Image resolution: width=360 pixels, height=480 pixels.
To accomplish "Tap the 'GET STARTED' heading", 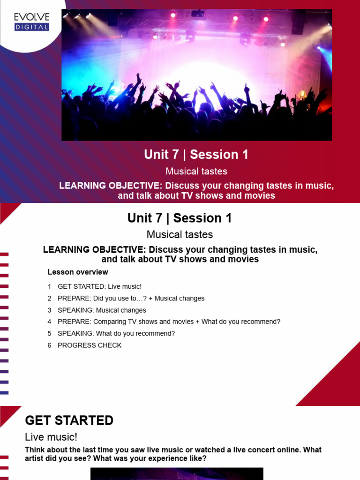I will [69, 420].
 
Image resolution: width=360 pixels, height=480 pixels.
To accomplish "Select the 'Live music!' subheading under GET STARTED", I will [51, 437].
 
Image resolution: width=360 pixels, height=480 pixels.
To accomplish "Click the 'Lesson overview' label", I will [78, 272].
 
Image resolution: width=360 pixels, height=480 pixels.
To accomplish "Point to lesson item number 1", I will [49, 286].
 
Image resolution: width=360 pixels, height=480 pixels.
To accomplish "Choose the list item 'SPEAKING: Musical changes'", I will [102, 310].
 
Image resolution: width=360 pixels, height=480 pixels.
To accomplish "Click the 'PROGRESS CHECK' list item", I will [90, 345].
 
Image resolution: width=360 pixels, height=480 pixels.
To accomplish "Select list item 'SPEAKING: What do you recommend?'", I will [116, 334].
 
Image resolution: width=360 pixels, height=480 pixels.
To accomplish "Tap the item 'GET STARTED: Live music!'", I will [99, 286].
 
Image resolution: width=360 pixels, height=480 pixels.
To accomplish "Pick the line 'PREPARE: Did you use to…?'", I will [131, 299].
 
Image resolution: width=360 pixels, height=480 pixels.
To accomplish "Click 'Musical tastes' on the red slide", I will [196, 171].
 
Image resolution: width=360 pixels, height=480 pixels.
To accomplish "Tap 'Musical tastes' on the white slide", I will [180, 234].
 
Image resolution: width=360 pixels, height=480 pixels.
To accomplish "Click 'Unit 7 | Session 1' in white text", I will [196, 154].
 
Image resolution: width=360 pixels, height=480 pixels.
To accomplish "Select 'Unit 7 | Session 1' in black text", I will [180, 218].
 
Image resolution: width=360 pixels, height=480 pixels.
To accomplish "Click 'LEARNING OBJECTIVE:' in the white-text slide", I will [111, 186].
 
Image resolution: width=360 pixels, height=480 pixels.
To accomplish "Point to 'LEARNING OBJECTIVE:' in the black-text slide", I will [94, 250].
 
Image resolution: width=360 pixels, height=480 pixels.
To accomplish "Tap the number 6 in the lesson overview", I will [49, 345].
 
